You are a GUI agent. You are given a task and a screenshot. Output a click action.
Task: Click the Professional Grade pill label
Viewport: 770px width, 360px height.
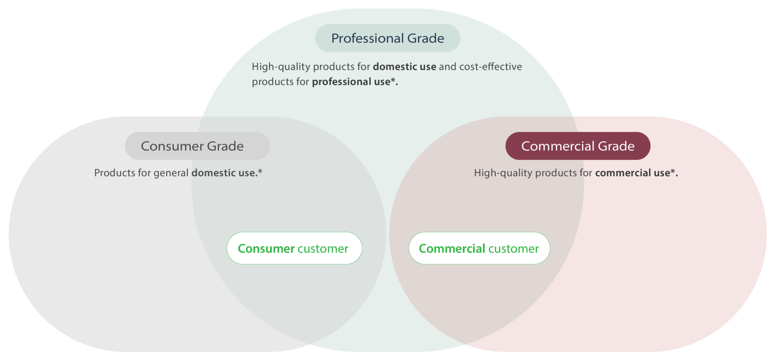pos(388,38)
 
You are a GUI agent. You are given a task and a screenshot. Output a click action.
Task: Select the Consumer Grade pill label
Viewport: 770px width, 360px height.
pos(197,146)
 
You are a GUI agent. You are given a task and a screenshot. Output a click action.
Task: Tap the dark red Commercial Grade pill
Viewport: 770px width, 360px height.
pos(578,146)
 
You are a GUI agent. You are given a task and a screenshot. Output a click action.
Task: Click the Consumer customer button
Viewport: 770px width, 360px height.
pos(294,248)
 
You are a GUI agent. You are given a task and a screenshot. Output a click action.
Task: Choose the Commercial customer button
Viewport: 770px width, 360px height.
pos(479,248)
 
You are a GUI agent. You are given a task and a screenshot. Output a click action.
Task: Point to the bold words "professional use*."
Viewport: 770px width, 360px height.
pos(355,82)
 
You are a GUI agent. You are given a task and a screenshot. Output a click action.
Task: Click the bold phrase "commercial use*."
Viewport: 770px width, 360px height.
pos(637,173)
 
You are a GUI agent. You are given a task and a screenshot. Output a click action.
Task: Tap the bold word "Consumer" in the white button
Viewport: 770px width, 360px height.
pos(266,248)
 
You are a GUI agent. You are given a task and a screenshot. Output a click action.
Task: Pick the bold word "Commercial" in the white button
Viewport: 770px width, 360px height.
pos(452,248)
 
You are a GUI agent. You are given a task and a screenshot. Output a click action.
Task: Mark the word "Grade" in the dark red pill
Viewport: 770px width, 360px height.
pos(616,146)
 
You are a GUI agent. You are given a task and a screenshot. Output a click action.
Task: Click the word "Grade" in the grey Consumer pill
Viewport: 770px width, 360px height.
pos(225,146)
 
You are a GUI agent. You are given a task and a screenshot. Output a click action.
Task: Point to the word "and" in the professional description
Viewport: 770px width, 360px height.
pos(447,67)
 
